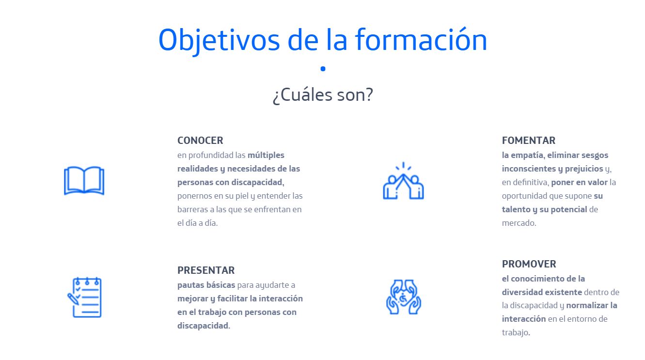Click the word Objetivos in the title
[x=219, y=41]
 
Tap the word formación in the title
[x=421, y=39]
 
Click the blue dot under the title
[x=323, y=68]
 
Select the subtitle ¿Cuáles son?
[x=323, y=95]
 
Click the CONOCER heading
[x=200, y=141]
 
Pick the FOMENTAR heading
[x=529, y=141]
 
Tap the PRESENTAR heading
[x=206, y=270]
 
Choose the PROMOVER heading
[x=529, y=264]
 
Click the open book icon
[x=84, y=181]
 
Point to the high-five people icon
[x=403, y=181]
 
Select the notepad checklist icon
[x=85, y=297]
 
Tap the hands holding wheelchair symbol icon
[x=403, y=297]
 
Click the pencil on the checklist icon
[x=73, y=298]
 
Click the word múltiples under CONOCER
[x=266, y=155]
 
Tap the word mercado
[x=519, y=223]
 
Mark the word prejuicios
[x=584, y=169]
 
